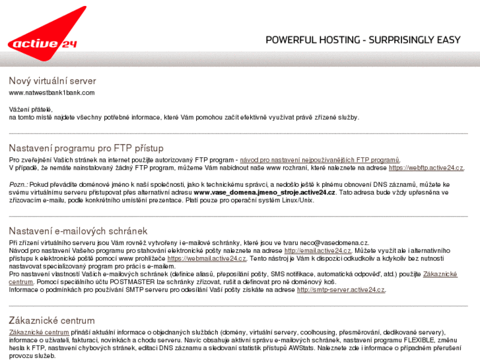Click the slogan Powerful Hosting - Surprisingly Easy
click(x=362, y=40)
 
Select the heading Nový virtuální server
click(x=52, y=81)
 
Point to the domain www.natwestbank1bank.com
click(x=51, y=92)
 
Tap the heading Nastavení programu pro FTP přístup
click(x=86, y=148)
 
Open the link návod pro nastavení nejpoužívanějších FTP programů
click(x=320, y=160)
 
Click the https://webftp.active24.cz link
click(x=426, y=168)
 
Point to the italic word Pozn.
click(x=18, y=184)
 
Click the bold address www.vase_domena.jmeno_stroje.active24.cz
click(x=265, y=192)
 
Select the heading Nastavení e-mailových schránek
click(x=78, y=231)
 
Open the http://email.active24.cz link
click(x=318, y=251)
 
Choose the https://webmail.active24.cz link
click(x=207, y=259)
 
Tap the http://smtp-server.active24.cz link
click(x=341, y=290)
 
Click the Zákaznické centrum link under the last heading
click(x=39, y=332)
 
